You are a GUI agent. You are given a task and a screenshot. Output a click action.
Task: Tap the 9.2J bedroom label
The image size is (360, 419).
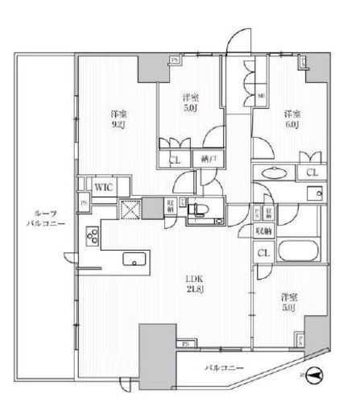click(118, 120)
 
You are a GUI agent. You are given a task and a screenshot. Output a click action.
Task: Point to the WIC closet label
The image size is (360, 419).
click(103, 187)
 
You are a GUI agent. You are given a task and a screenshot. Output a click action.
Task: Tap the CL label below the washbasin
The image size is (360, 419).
click(310, 172)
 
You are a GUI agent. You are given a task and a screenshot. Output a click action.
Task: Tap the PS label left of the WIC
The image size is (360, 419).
click(83, 204)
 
